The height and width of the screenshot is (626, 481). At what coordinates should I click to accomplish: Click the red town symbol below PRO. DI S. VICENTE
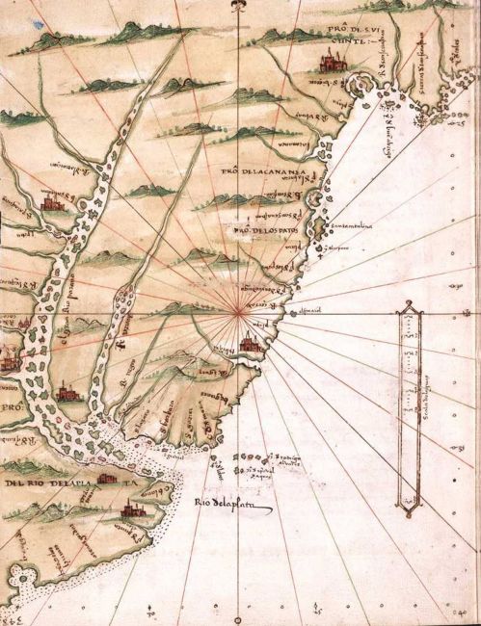pos(329,63)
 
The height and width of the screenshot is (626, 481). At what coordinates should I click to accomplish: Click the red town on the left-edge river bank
pos(8,360)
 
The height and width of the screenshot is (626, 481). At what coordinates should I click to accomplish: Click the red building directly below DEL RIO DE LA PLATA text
pos(105,477)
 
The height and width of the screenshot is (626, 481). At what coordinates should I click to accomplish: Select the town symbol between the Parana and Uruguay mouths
pos(67,389)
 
